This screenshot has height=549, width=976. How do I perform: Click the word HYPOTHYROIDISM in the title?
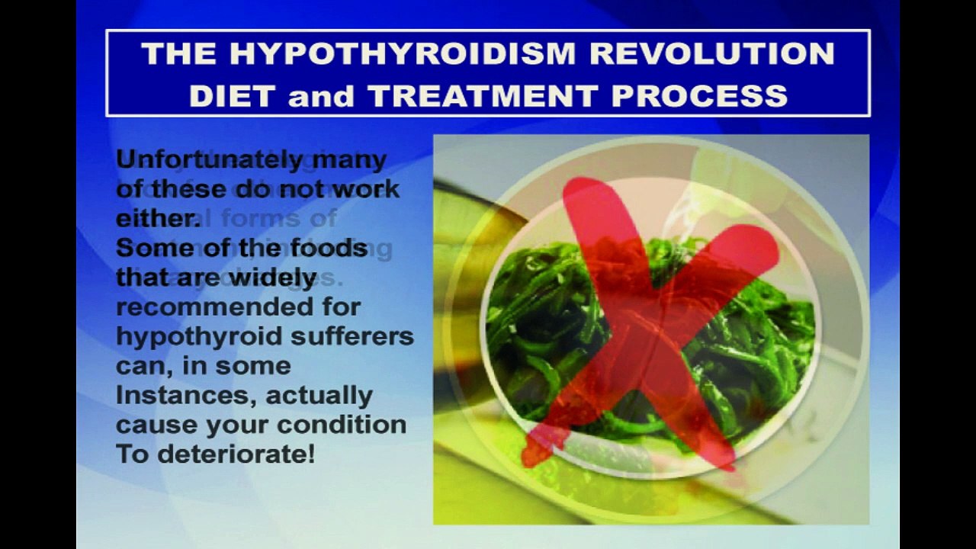coord(403,54)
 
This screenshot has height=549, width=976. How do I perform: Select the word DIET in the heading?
coord(233,96)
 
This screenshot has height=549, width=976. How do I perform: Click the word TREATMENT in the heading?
coord(482,96)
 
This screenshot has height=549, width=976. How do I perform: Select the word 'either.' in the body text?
coord(157,218)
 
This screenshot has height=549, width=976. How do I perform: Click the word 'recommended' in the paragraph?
coord(238,307)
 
